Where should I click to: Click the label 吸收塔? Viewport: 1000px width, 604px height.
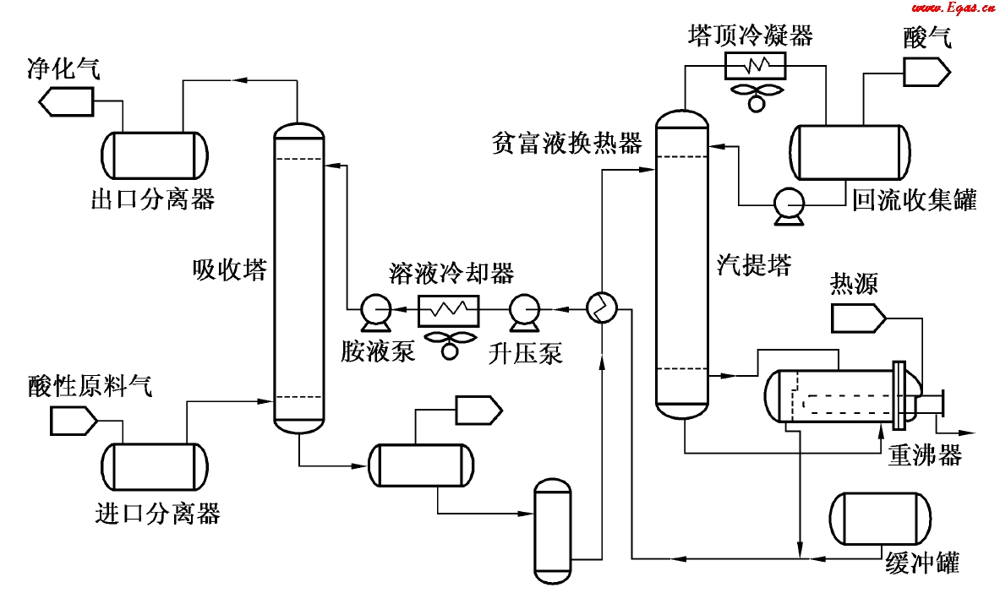(230, 269)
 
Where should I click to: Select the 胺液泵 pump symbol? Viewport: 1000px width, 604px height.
(373, 311)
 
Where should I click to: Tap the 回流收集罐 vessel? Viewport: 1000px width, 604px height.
(850, 152)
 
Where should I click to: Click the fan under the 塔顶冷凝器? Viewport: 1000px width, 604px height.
(755, 93)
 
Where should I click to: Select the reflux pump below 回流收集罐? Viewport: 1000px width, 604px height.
(790, 204)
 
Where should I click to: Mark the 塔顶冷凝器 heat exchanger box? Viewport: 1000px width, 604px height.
(755, 64)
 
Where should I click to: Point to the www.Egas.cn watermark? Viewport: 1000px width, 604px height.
(953, 8)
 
